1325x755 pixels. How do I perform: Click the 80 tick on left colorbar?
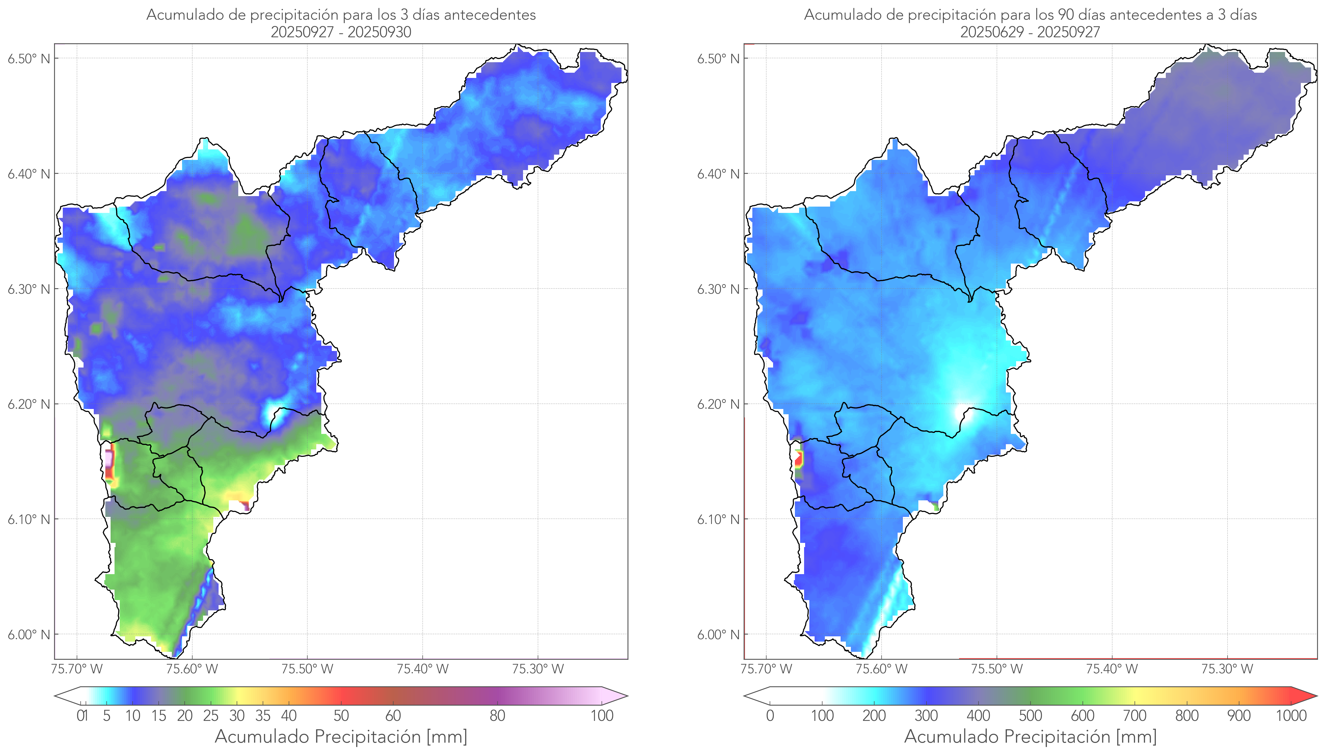[x=497, y=716]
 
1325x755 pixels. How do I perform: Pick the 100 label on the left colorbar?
[x=602, y=716]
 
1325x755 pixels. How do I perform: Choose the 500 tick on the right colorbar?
[x=1030, y=716]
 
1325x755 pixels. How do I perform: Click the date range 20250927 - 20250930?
[x=341, y=32]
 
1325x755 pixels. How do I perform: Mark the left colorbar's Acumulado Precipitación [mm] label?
[x=341, y=736]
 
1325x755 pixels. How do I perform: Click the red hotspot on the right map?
[x=799, y=459]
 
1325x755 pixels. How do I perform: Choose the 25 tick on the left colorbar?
[x=211, y=716]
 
